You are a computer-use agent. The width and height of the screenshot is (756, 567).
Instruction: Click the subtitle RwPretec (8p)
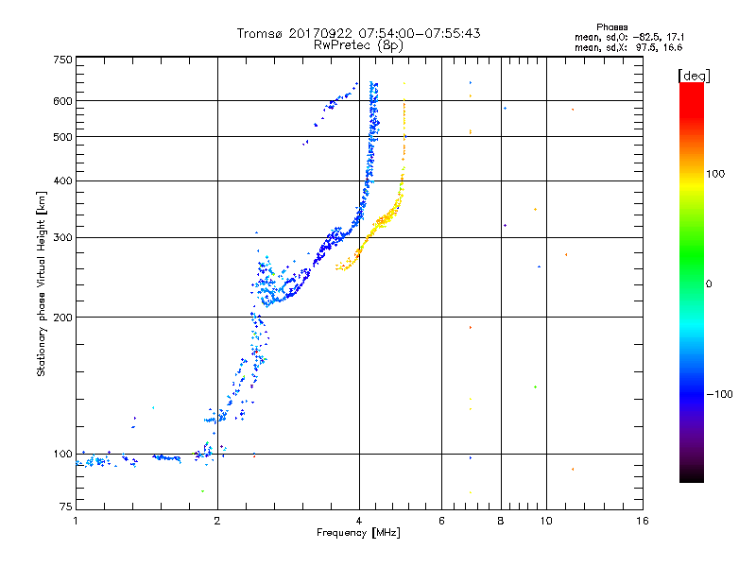pyautogui.click(x=358, y=45)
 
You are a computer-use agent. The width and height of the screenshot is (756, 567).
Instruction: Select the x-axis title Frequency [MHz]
pyautogui.click(x=358, y=533)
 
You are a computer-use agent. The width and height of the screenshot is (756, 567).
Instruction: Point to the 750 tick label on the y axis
pyautogui.click(x=62, y=60)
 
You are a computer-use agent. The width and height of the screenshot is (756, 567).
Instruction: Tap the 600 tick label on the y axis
pyautogui.click(x=62, y=101)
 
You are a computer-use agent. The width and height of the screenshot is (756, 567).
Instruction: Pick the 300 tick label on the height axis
pyautogui.click(x=62, y=238)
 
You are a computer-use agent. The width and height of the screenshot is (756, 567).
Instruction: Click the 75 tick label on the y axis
pyautogui.click(x=66, y=507)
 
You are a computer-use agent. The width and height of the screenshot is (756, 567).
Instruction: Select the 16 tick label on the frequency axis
pyautogui.click(x=643, y=521)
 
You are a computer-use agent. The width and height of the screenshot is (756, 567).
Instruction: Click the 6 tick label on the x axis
pyautogui.click(x=441, y=521)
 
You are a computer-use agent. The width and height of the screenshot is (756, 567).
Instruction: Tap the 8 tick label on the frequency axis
pyautogui.click(x=501, y=521)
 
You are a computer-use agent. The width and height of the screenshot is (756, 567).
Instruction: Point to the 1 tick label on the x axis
pyautogui.click(x=76, y=521)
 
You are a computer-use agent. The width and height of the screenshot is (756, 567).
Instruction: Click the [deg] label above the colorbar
pyautogui.click(x=694, y=77)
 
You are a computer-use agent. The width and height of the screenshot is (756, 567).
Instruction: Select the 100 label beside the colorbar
pyautogui.click(x=715, y=174)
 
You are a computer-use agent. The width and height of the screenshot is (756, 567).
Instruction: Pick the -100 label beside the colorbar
pyautogui.click(x=719, y=394)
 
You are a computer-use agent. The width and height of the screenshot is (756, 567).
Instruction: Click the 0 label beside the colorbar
pyautogui.click(x=709, y=284)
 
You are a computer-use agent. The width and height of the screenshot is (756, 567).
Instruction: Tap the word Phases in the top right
pyautogui.click(x=611, y=27)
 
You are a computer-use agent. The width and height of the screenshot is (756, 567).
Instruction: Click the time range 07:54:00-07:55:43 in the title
pyautogui.click(x=420, y=33)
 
